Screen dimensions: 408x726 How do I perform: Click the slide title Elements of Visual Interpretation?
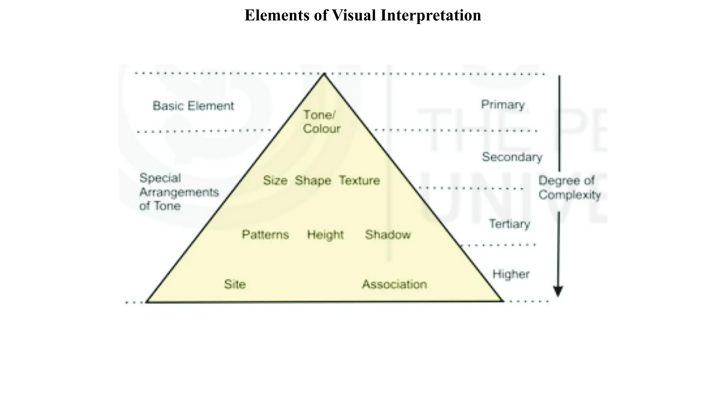click(x=363, y=16)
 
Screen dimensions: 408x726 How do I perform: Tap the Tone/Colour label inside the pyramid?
click(x=321, y=122)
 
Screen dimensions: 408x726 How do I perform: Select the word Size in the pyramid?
click(x=275, y=181)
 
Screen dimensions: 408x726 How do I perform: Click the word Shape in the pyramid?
click(x=313, y=181)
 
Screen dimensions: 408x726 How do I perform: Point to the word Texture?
click(x=359, y=181)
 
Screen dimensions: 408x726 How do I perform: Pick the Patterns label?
click(x=265, y=234)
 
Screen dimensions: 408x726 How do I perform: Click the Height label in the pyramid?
click(x=325, y=235)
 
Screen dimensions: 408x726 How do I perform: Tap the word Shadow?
click(x=388, y=234)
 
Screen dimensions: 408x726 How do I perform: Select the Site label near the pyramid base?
click(x=235, y=284)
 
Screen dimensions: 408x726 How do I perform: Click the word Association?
click(x=394, y=284)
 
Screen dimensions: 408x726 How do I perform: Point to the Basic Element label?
click(x=193, y=106)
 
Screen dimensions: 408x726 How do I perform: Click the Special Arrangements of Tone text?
click(x=179, y=192)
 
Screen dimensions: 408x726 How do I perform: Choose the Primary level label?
click(x=503, y=105)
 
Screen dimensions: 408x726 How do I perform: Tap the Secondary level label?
click(x=512, y=157)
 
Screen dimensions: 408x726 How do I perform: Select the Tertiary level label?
click(x=509, y=224)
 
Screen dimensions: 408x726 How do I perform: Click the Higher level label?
click(x=511, y=274)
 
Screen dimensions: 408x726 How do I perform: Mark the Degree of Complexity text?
click(x=569, y=188)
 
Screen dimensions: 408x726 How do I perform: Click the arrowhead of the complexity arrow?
click(x=558, y=291)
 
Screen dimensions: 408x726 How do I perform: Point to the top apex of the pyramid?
click(x=324, y=74)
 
